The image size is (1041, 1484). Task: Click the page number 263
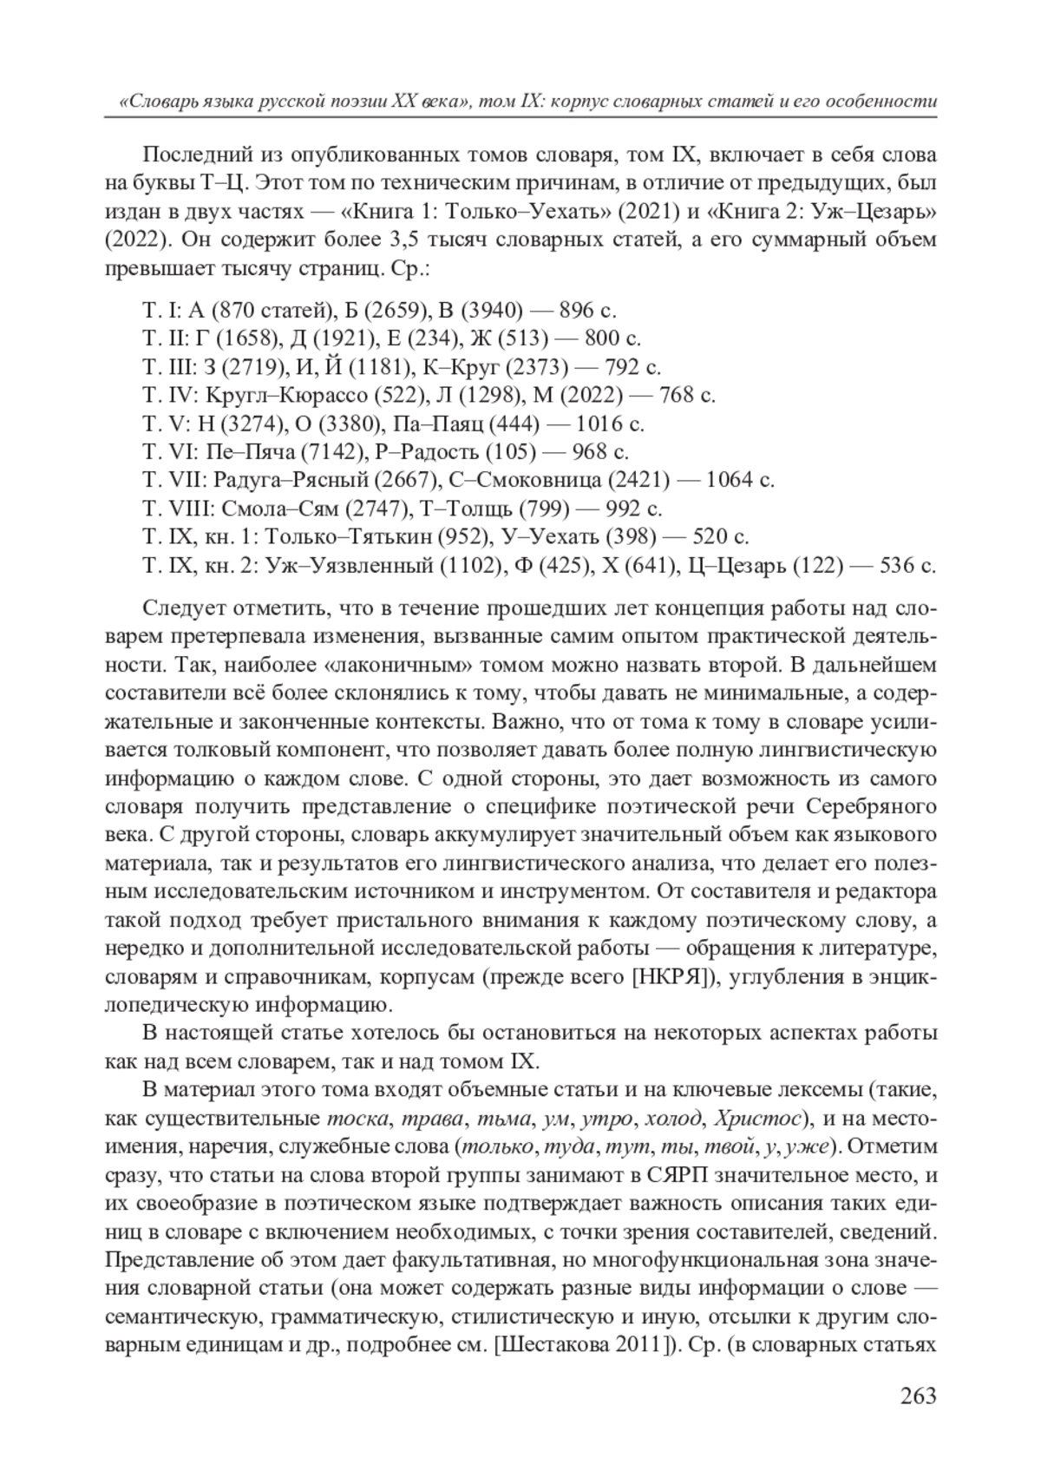pos(918,1396)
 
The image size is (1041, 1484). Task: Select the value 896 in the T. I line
pos(577,311)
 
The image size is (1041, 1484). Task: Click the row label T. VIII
pos(178,509)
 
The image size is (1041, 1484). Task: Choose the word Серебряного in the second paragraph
pos(871,807)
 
